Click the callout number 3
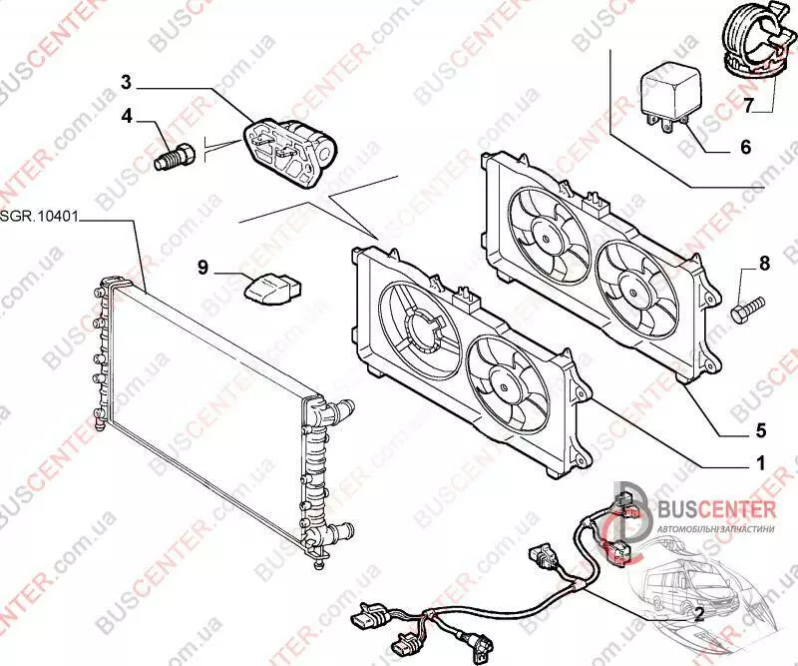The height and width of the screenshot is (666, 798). coord(127,80)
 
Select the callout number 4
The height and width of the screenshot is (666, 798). coord(127,116)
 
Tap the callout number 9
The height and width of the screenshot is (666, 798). coord(201,268)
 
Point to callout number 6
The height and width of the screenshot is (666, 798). coord(744,147)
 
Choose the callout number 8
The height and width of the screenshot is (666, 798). coord(764,264)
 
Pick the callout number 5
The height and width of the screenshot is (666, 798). coord(759,431)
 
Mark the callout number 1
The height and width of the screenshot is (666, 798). coord(759,462)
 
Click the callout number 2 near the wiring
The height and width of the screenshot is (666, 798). coord(698,614)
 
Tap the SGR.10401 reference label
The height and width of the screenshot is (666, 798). coord(38,217)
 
